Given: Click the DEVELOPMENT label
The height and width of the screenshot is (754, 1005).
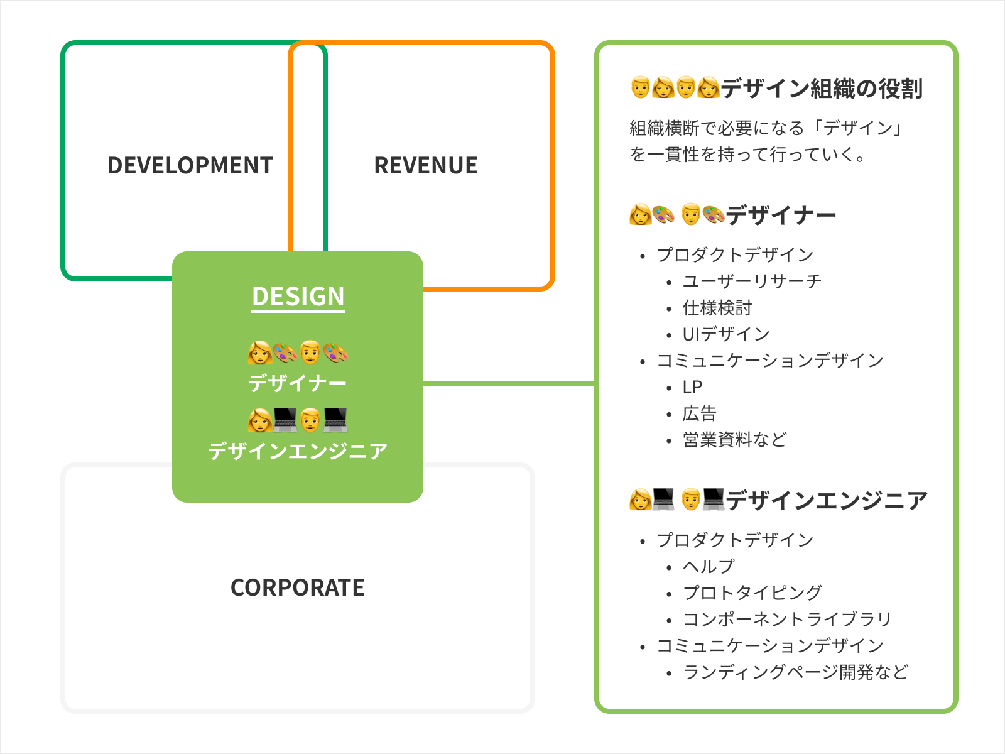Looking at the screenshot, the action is click(190, 165).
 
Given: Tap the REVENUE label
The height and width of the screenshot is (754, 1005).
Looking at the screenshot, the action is click(426, 165).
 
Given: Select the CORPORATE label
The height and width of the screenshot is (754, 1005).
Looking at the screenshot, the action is click(298, 587).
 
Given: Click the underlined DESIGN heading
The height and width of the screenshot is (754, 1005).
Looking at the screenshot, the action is click(298, 296).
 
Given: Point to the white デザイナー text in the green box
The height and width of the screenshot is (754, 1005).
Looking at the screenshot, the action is click(298, 383).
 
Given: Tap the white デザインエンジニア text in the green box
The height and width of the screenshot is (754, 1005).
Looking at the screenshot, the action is click(298, 451).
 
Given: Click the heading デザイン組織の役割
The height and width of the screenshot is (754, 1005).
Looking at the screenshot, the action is click(822, 88).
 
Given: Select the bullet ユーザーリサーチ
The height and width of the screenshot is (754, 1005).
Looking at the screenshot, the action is click(752, 281).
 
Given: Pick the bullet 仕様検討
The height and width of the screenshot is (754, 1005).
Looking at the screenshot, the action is click(717, 308).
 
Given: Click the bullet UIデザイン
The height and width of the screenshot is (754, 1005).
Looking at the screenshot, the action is click(726, 334).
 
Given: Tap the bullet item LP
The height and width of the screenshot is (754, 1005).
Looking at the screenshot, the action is click(692, 387).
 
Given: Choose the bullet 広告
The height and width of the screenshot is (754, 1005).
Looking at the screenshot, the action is click(700, 413).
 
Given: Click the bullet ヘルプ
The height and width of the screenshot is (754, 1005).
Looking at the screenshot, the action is click(709, 567).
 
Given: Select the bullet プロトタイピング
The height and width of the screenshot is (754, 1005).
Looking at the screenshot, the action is click(752, 593).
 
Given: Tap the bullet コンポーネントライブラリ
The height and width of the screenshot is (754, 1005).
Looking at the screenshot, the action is click(787, 620).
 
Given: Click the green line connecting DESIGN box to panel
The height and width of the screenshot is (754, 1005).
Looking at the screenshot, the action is click(509, 383).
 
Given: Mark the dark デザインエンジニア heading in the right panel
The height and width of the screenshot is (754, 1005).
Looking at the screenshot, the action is click(827, 500).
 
